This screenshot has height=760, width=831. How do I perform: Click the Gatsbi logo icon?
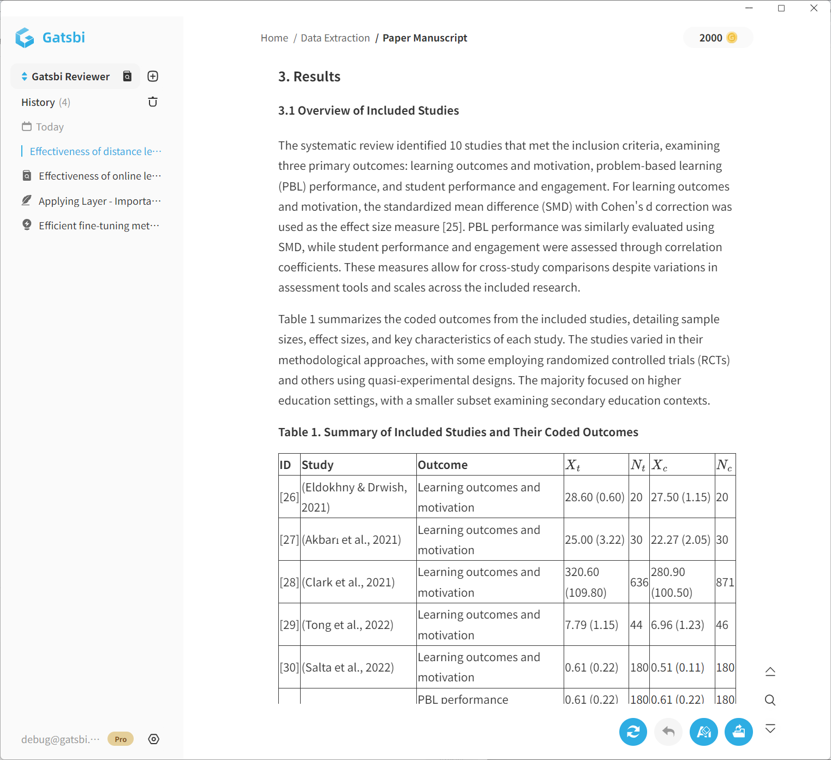pos(25,38)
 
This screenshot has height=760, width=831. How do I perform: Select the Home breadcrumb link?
pos(274,38)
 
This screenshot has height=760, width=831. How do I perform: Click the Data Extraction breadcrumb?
pos(335,38)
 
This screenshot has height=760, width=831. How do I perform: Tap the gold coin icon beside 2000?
pos(732,38)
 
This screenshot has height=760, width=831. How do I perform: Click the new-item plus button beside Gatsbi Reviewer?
pos(153,76)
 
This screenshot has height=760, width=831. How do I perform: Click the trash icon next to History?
pos(153,102)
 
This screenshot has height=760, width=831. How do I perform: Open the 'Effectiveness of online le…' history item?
pos(99,176)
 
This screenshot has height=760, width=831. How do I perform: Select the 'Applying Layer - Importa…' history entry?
pos(99,201)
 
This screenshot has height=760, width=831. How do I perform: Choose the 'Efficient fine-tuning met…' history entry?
pos(98,225)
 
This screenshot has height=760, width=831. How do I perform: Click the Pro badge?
pos(121,739)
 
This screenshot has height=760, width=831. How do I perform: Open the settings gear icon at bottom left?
pos(154,739)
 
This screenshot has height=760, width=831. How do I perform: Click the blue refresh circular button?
pos(633,732)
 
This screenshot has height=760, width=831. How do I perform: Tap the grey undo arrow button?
pos(668,732)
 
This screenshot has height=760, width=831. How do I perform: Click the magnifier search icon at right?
pos(770,700)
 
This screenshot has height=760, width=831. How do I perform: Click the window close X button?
pos(814,8)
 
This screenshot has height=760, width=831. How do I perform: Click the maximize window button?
pos(781,8)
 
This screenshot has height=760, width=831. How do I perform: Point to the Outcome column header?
pos(443,465)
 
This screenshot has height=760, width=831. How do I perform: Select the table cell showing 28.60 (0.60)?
pos(595,497)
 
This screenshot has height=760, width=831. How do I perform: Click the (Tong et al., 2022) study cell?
pos(348,625)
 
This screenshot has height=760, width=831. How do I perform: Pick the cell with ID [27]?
pos(289,539)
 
